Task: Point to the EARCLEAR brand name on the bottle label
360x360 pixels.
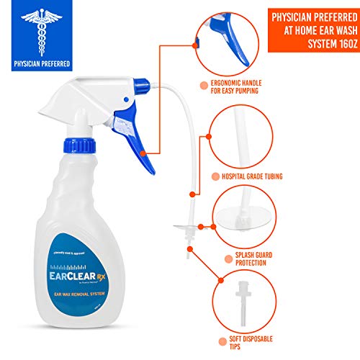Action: [70, 273]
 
